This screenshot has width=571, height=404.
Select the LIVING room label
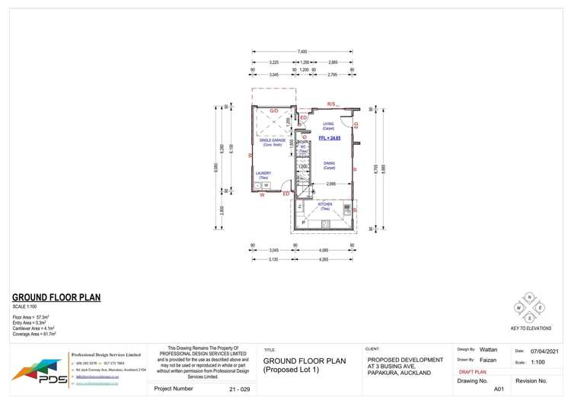tap(328, 125)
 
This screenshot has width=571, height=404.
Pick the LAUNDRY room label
tap(263, 175)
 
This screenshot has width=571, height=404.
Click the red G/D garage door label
tap(274, 111)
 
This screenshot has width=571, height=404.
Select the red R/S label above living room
tap(331, 104)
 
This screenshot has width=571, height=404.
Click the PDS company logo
tap(37, 372)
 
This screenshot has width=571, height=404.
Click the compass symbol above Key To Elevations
tap(529, 307)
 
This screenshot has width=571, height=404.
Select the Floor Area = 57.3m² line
tap(31, 316)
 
